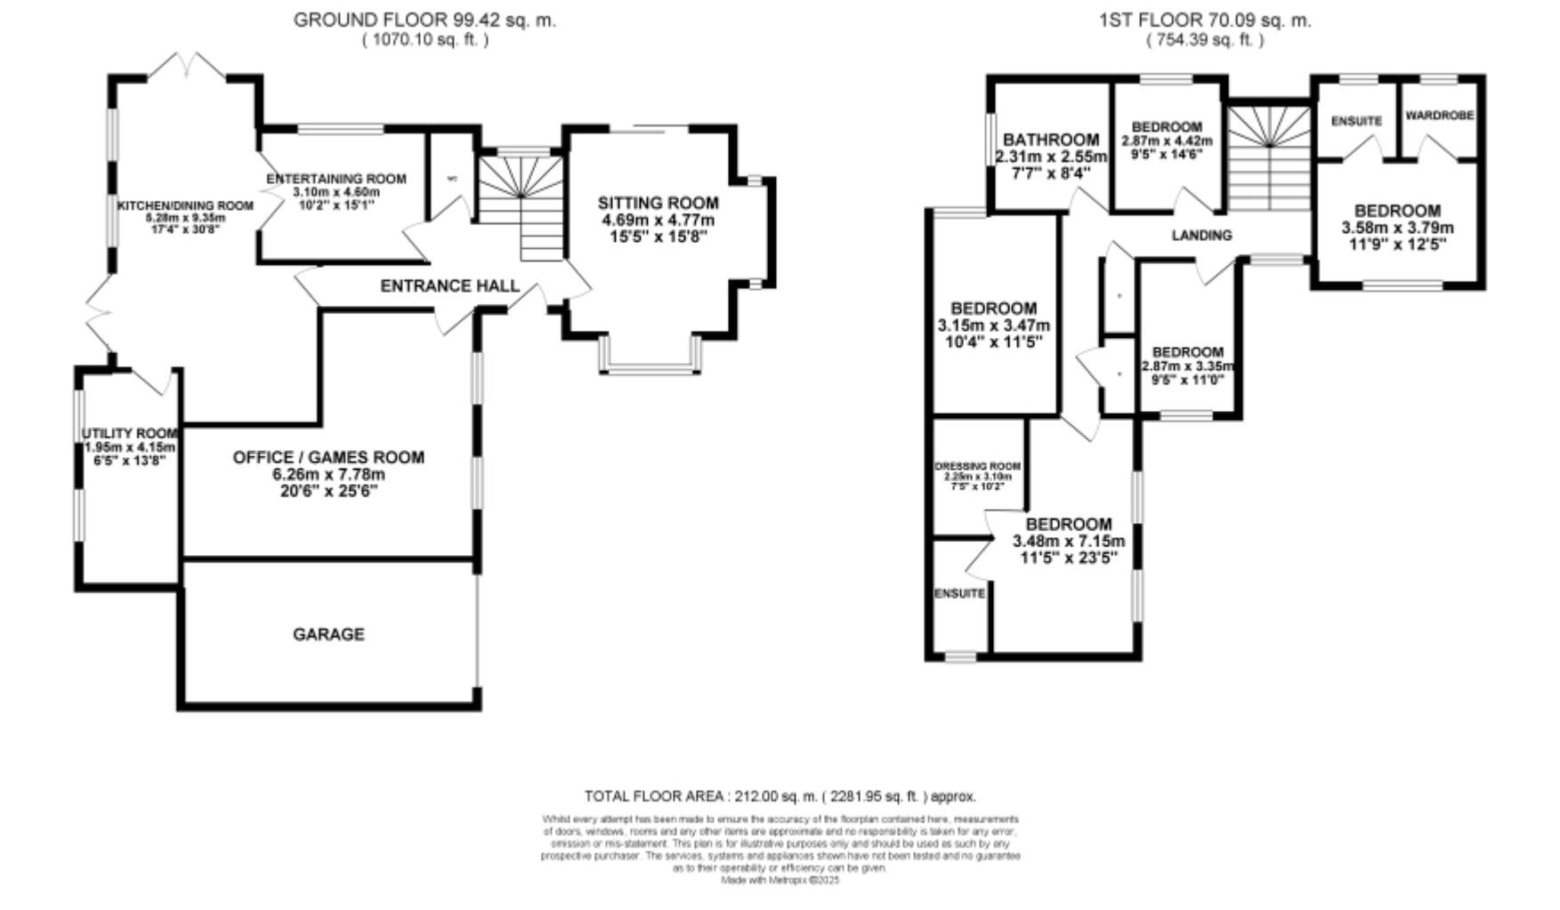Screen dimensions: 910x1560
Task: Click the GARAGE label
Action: pos(328,634)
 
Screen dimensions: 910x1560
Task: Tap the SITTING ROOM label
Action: pos(658,203)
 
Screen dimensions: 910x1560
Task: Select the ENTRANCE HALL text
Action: pos(449,286)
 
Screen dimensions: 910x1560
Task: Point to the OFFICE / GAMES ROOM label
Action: pos(328,457)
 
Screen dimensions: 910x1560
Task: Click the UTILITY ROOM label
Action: pos(129,433)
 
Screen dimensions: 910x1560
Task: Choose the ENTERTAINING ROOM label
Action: pos(336,179)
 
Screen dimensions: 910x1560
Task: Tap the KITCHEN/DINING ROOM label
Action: pos(186,205)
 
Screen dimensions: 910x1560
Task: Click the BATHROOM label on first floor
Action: pos(1051,140)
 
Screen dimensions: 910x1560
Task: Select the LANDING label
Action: pos(1201,235)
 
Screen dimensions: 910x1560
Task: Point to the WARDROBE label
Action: pos(1440,116)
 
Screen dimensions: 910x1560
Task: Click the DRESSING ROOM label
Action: pos(977,466)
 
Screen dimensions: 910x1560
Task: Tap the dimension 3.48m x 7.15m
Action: pos(1069,541)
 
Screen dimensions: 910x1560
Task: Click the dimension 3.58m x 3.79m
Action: pos(1397,227)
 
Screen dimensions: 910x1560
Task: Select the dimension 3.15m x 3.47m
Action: pos(993,326)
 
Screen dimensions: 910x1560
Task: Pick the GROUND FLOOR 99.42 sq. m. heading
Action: pos(424,20)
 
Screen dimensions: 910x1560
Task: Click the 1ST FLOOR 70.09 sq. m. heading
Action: pos(1205,20)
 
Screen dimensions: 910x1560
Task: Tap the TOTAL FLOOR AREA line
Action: pos(780,796)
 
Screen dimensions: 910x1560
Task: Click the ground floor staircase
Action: pos(523,205)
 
